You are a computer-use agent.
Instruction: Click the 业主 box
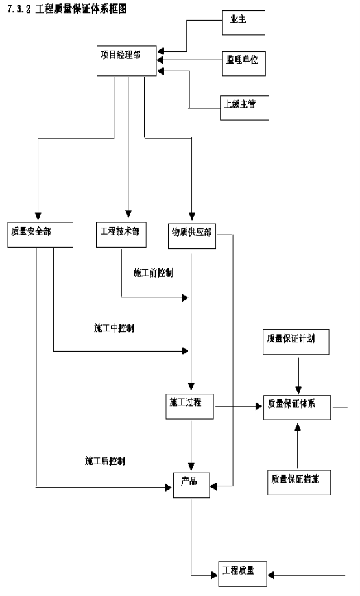click(x=244, y=23)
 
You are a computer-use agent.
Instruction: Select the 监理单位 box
click(x=244, y=63)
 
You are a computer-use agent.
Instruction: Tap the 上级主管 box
click(x=245, y=108)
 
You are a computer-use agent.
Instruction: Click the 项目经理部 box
click(x=126, y=61)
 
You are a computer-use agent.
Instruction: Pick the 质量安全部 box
click(x=40, y=235)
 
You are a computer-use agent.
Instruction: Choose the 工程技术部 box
click(x=121, y=235)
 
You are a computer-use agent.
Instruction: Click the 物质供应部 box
click(x=192, y=237)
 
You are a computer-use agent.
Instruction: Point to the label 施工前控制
click(x=153, y=273)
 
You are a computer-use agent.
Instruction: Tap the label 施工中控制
click(x=114, y=328)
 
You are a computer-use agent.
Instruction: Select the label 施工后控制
click(x=105, y=461)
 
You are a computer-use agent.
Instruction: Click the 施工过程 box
click(x=189, y=407)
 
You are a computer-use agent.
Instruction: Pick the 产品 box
click(x=191, y=485)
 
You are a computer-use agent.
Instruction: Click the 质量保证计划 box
click(x=296, y=342)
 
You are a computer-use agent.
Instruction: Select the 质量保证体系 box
click(x=297, y=407)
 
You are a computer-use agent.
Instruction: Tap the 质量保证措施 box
click(x=299, y=483)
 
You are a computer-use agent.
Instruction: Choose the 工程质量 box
click(x=243, y=573)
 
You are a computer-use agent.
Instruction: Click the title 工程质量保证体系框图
click(x=81, y=8)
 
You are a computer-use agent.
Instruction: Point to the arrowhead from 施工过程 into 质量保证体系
click(x=259, y=407)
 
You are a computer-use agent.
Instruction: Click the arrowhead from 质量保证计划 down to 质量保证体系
click(x=298, y=390)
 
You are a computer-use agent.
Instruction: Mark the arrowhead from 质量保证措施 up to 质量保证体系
click(x=298, y=426)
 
